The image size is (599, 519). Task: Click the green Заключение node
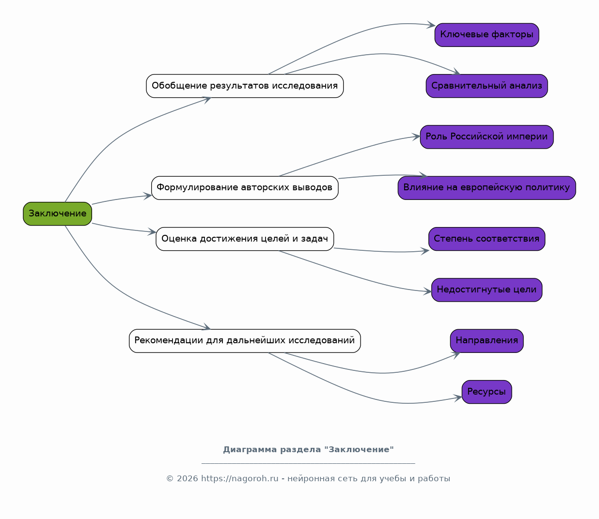pyautogui.click(x=57, y=214)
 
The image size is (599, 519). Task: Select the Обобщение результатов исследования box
pyautogui.click(x=245, y=86)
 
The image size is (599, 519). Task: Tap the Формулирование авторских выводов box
pyautogui.click(x=245, y=188)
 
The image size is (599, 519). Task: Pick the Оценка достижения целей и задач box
pyautogui.click(x=245, y=239)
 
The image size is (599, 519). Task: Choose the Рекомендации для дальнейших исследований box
pyautogui.click(x=245, y=341)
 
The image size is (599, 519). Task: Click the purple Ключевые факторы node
pyautogui.click(x=487, y=35)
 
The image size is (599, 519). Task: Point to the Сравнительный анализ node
pyautogui.click(x=487, y=86)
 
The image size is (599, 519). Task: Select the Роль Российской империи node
pyautogui.click(x=487, y=137)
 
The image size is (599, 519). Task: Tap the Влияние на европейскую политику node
pyautogui.click(x=487, y=188)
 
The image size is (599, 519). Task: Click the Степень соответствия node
pyautogui.click(x=487, y=239)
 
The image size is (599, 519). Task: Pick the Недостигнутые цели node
pyautogui.click(x=487, y=290)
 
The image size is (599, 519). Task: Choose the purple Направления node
pyautogui.click(x=487, y=341)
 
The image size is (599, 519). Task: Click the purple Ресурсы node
pyautogui.click(x=487, y=392)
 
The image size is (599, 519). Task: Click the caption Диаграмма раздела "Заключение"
pyautogui.click(x=308, y=449)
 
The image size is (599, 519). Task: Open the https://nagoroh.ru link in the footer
pyautogui.click(x=240, y=479)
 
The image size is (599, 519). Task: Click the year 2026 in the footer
pyautogui.click(x=188, y=479)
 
